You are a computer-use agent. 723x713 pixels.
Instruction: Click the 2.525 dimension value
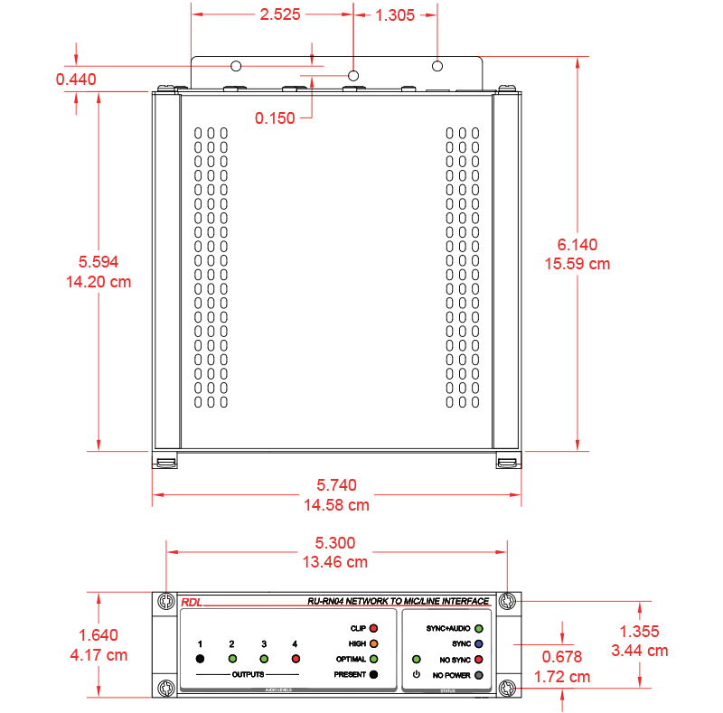(280, 14)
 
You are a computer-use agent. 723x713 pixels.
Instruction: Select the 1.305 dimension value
(395, 15)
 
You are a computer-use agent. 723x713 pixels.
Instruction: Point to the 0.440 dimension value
(76, 80)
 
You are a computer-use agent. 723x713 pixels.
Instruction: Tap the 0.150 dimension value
(275, 118)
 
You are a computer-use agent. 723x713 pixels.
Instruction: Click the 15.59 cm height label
(577, 264)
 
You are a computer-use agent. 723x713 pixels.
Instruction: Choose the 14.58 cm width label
(336, 505)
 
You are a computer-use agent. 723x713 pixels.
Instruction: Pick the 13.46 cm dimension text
(335, 562)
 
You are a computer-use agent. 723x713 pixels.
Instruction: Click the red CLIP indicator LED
(374, 628)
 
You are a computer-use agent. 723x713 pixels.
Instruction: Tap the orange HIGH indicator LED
(374, 643)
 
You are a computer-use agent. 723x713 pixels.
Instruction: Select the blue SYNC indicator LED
(479, 643)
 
